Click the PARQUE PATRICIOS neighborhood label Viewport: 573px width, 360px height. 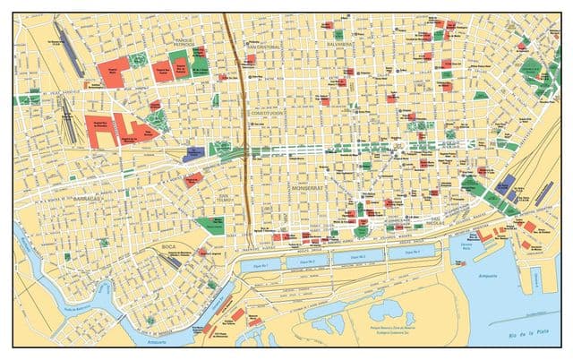click(x=185, y=43)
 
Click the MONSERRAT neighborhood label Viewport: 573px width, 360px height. click(x=306, y=190)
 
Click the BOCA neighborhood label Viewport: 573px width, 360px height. click(x=169, y=244)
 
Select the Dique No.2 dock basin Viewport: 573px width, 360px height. click(x=309, y=263)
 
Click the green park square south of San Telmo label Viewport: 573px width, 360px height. click(x=211, y=224)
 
